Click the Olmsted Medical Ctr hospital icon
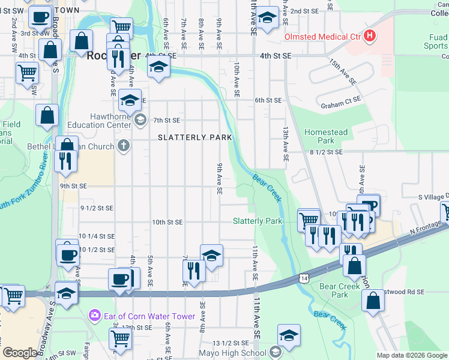[370, 36]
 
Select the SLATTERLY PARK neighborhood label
[194, 137]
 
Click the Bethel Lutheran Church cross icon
[124, 146]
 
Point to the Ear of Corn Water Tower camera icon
[94, 316]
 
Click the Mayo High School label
[233, 353]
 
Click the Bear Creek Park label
[340, 290]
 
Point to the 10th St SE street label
[167, 222]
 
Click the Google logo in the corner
[20, 353]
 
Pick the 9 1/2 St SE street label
[97, 208]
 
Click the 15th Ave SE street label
[343, 71]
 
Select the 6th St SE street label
[268, 100]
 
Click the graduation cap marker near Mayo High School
[289, 335]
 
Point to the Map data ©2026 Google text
[412, 355]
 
